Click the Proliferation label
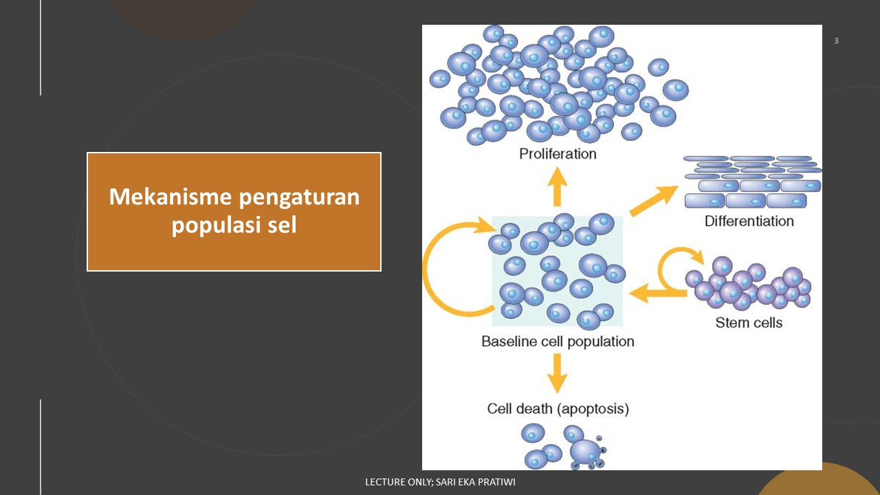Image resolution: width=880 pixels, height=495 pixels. tap(557, 153)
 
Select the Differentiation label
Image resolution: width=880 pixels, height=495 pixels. tap(749, 221)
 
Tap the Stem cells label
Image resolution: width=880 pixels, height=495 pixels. tap(749, 322)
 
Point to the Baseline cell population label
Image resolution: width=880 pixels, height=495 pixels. tap(558, 341)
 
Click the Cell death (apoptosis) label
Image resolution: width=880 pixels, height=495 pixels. tap(558, 408)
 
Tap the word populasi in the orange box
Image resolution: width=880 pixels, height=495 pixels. tap(210, 225)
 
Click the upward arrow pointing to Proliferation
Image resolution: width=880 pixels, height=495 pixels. tap(558, 186)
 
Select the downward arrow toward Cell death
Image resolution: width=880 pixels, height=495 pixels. tap(558, 373)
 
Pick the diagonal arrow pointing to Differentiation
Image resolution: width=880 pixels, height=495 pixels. tap(653, 201)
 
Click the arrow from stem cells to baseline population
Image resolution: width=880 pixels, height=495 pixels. tap(657, 292)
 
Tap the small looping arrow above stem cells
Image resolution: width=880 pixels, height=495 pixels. tap(677, 265)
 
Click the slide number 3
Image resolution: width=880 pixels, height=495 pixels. tap(836, 41)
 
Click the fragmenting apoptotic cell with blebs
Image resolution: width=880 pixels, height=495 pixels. tap(586, 453)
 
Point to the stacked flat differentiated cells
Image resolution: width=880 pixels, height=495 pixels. tap(753, 182)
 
